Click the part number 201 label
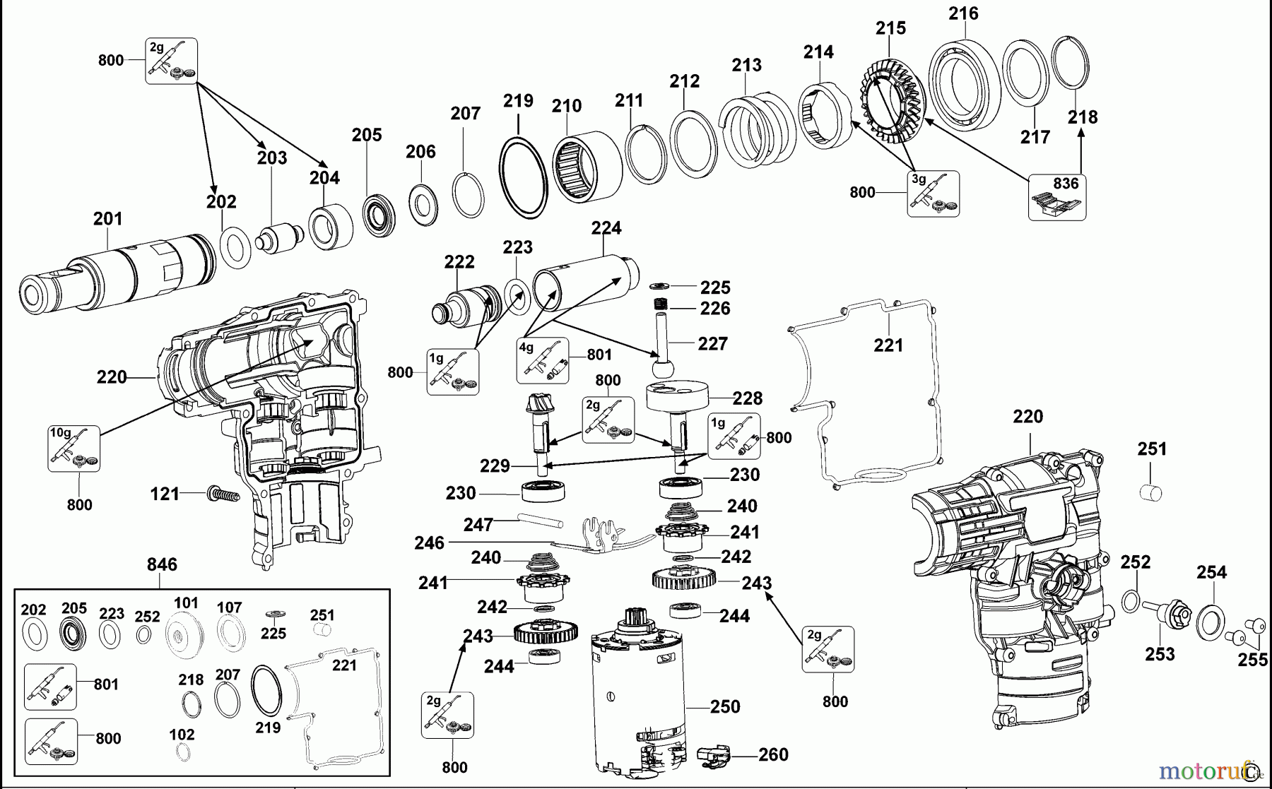(x=107, y=219)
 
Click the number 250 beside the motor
(x=725, y=706)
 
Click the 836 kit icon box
(x=1056, y=197)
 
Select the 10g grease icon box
(x=73, y=448)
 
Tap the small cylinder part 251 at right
(x=1152, y=492)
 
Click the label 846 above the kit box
(x=162, y=564)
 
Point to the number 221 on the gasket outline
(x=888, y=345)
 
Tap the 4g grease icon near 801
(x=542, y=360)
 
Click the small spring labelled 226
(x=660, y=305)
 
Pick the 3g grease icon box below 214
(x=934, y=194)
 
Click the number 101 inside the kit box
(x=187, y=603)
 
